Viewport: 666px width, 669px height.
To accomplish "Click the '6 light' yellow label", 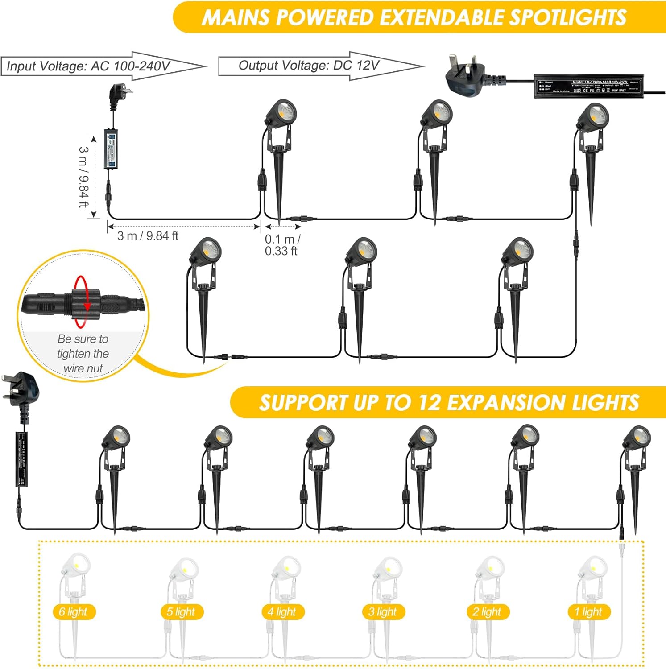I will pos(73,612).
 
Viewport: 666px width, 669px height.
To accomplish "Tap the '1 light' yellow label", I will pos(588,612).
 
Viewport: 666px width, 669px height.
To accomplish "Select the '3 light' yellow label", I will pos(383,612).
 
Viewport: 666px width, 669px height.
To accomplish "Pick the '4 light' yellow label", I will pos(282,612).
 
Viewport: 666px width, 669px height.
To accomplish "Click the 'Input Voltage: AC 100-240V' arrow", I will pos(103,66).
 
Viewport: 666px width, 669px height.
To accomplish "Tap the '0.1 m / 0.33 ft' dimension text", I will pos(282,245).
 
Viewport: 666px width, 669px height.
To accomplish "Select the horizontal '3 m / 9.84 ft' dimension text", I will pos(148,236).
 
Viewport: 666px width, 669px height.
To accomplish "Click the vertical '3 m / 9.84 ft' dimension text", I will pos(83,177).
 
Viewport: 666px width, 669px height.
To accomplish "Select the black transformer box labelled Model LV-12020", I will pos(588,86).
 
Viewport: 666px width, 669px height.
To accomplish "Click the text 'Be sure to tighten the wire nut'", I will pos(83,354).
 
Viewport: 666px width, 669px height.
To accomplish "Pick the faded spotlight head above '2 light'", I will pos(491,568).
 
